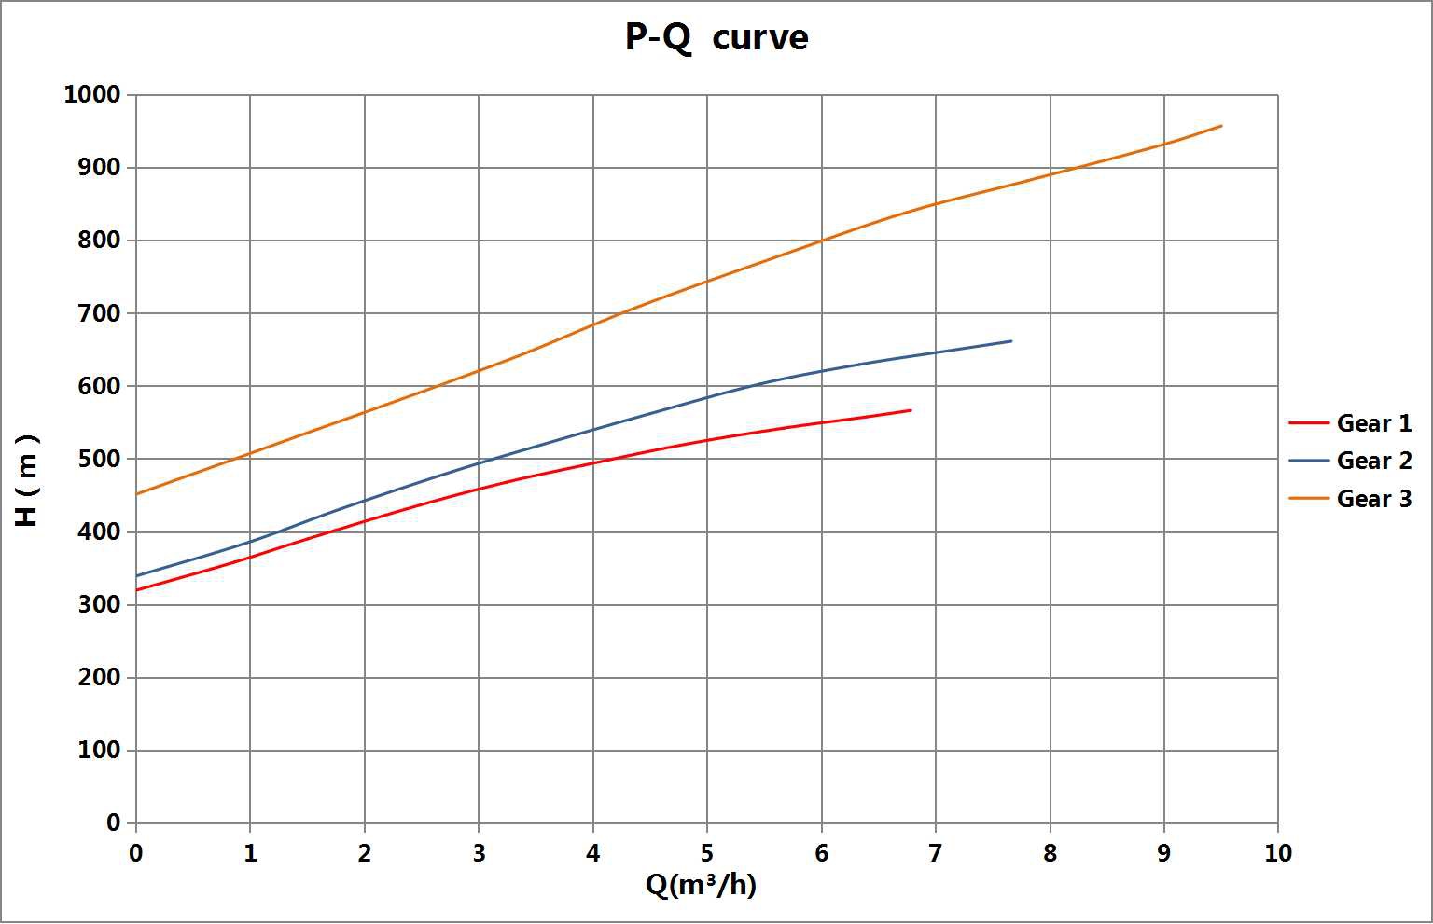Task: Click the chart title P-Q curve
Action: coord(716,38)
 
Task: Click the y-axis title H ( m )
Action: coord(28,480)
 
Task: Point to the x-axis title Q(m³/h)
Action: coord(701,884)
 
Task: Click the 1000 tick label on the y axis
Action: coord(92,94)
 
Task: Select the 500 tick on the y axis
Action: coord(100,459)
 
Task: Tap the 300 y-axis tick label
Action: coord(100,604)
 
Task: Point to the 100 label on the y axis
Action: coord(100,750)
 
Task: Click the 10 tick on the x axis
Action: coord(1277,853)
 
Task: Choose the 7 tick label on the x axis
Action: coord(935,853)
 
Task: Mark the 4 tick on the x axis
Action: coord(592,853)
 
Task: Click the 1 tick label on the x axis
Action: coord(250,853)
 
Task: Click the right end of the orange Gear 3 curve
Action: coord(1221,126)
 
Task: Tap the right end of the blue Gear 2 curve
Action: coord(1011,341)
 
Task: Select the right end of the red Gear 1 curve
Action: coord(911,410)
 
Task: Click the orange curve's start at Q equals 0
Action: coord(137,494)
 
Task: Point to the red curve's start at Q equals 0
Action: coord(137,590)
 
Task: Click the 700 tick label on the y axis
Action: coord(100,313)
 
